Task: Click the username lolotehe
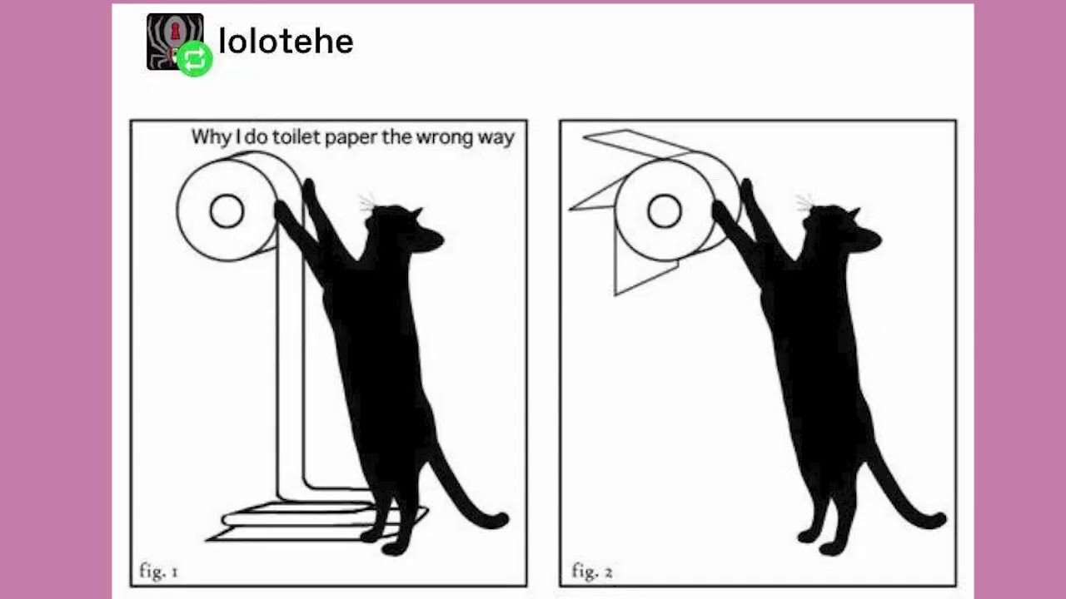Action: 286,42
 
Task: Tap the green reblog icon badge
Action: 195,58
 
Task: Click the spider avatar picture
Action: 175,42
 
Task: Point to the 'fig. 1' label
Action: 158,571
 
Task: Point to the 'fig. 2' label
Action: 592,571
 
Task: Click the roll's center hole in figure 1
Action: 227,211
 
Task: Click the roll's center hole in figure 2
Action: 665,211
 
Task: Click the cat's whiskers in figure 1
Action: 367,202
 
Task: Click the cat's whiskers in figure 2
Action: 804,202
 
